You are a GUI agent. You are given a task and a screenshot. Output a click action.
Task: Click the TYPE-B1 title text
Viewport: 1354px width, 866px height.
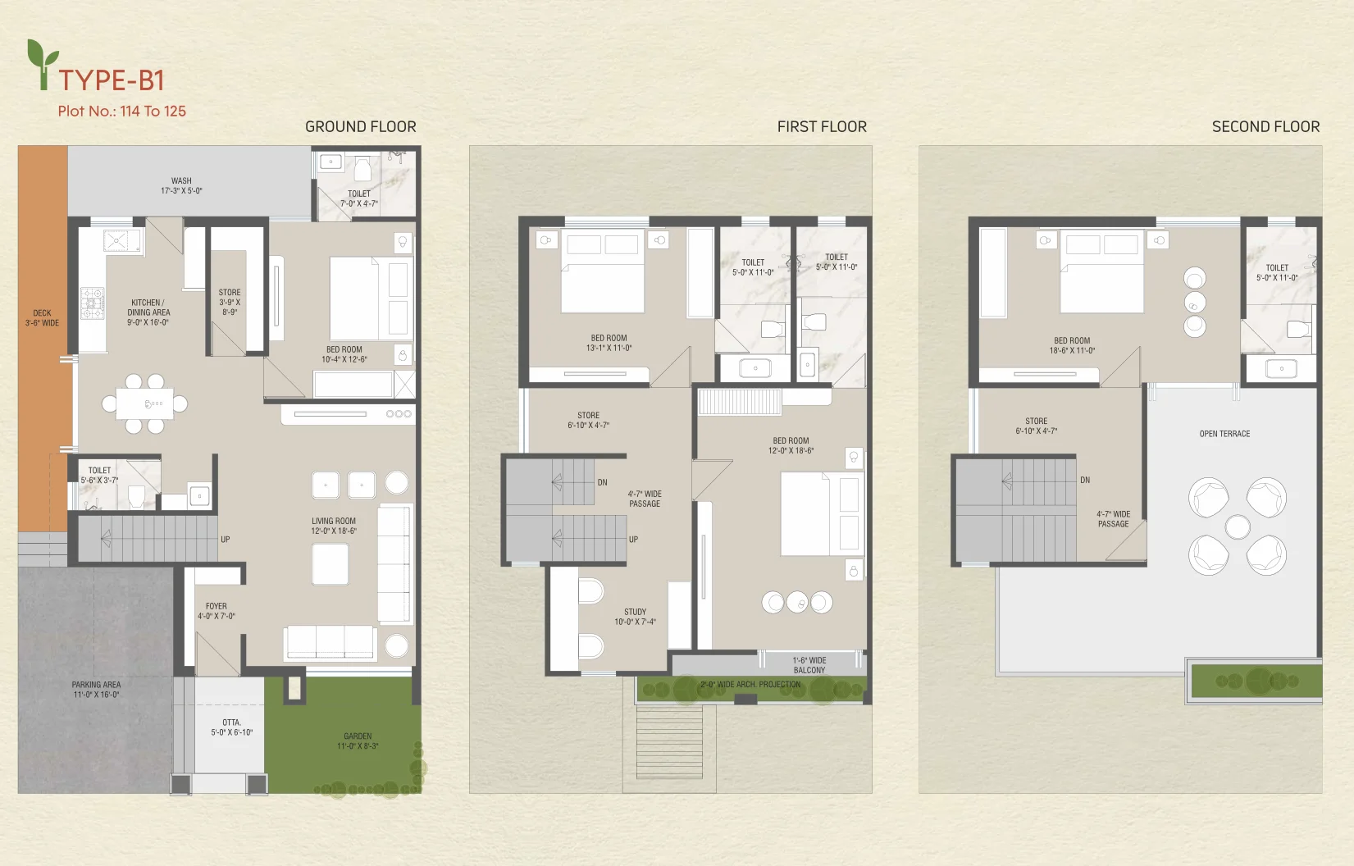(x=112, y=80)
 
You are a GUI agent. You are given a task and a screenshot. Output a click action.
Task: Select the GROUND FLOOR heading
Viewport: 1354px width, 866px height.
(x=360, y=127)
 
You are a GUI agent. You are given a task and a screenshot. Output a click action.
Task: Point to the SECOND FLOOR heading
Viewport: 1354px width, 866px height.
(x=1265, y=127)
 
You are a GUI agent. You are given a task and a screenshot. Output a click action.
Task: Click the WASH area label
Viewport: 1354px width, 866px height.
(x=181, y=185)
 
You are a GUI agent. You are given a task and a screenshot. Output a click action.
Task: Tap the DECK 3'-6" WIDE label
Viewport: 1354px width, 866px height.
(x=43, y=318)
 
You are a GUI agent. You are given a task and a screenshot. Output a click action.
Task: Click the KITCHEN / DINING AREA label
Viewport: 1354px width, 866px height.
(x=148, y=312)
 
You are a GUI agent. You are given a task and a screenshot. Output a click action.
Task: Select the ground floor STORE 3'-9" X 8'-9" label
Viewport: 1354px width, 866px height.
(x=230, y=302)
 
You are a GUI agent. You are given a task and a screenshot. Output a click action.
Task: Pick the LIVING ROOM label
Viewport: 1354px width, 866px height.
(x=334, y=526)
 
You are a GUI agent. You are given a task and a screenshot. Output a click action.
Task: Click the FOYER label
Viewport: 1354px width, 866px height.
(x=217, y=611)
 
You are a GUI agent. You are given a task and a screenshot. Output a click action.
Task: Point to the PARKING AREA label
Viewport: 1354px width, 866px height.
(x=96, y=690)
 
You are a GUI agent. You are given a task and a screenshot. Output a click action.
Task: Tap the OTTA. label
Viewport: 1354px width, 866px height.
(x=231, y=727)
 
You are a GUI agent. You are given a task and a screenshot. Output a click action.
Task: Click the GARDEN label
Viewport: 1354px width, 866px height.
(x=358, y=741)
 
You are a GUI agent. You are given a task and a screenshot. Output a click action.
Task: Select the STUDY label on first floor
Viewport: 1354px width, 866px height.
(x=636, y=617)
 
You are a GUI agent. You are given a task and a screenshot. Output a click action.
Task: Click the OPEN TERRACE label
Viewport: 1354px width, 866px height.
(x=1224, y=434)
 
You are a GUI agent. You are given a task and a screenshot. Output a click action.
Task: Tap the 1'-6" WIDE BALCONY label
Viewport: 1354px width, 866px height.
(x=809, y=665)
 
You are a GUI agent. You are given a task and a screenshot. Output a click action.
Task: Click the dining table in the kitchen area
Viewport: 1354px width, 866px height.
(x=144, y=403)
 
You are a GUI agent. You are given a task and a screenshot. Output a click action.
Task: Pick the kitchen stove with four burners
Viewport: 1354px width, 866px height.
(x=93, y=303)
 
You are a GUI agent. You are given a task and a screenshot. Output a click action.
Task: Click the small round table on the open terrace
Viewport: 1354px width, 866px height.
(x=1238, y=527)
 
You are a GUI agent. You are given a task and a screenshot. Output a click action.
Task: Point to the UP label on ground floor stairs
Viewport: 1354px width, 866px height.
(x=225, y=540)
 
